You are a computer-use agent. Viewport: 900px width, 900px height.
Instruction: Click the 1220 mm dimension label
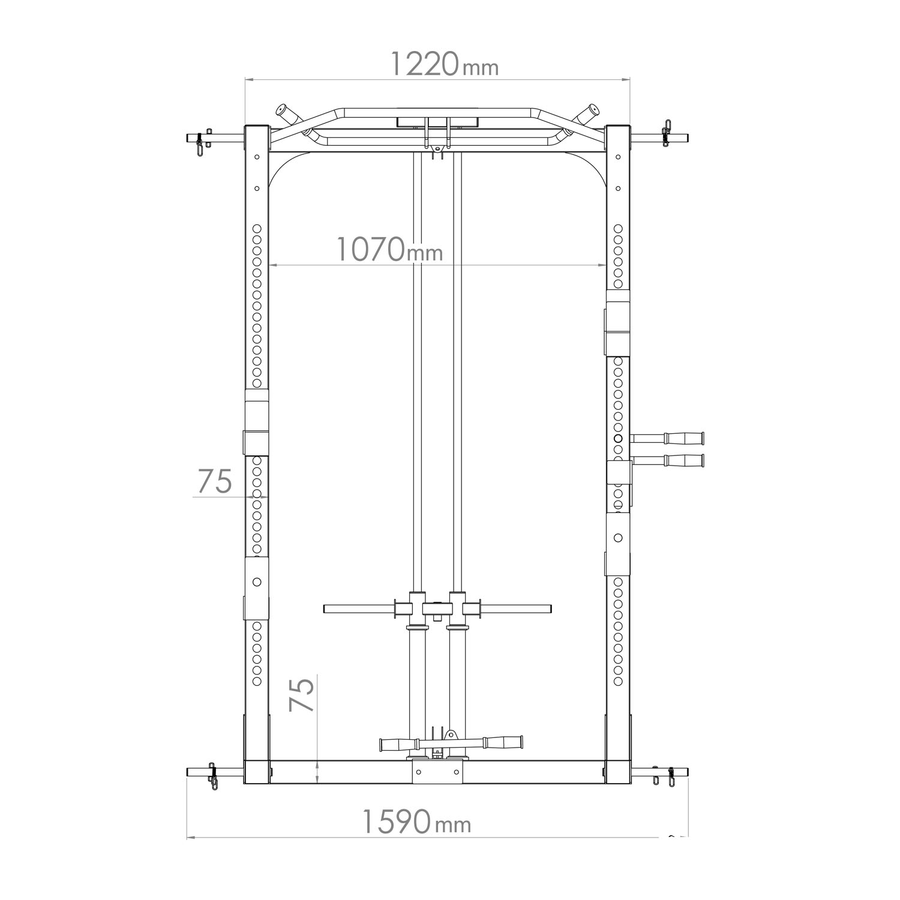[444, 64]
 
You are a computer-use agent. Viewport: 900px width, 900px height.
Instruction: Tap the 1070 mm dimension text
[389, 250]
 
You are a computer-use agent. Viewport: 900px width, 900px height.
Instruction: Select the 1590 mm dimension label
[417, 822]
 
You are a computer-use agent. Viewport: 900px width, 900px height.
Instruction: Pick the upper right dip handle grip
[683, 438]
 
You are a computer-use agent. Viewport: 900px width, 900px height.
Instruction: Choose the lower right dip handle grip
[683, 461]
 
